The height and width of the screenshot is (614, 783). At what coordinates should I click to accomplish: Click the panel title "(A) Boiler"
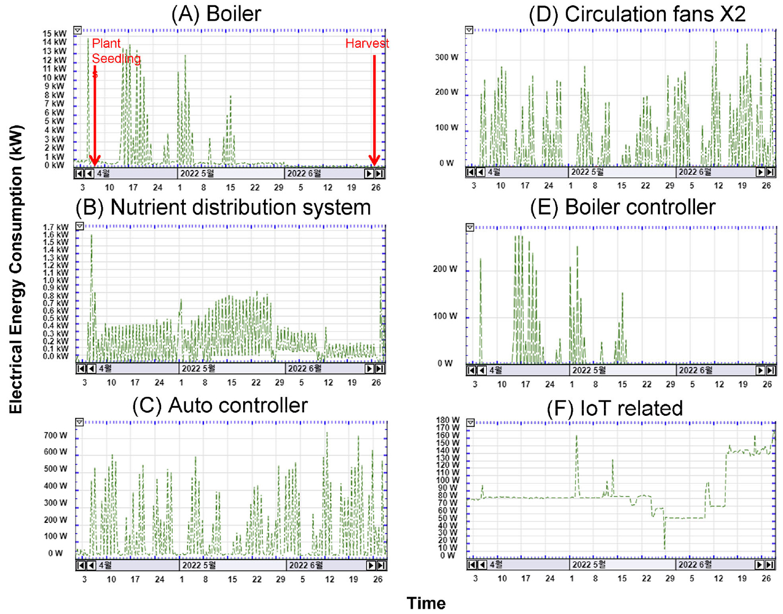(x=216, y=14)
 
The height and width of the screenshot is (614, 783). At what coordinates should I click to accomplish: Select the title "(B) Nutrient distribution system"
(x=223, y=207)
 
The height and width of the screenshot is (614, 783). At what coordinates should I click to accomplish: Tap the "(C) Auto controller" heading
(x=220, y=405)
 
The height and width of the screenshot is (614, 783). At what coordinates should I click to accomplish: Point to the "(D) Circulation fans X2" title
(x=637, y=14)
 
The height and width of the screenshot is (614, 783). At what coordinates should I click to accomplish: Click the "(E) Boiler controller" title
(x=622, y=207)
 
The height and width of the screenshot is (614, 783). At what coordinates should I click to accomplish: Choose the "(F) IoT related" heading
(x=615, y=408)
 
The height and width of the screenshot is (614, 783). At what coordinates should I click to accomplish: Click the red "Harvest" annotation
(x=367, y=43)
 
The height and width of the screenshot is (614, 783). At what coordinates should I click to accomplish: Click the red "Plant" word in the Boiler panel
(x=106, y=43)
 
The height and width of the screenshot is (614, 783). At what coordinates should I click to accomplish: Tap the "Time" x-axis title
(x=426, y=603)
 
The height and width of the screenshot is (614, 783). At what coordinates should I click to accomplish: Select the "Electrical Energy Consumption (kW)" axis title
(x=16, y=269)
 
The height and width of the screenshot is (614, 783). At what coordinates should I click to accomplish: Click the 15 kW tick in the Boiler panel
(x=55, y=33)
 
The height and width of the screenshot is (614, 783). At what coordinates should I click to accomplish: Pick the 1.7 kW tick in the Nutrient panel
(x=56, y=227)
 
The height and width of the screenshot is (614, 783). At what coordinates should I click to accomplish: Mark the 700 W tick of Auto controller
(x=56, y=435)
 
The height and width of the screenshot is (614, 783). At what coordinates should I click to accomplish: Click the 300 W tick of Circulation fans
(x=447, y=57)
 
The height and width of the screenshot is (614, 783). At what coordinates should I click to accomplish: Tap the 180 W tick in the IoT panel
(x=448, y=421)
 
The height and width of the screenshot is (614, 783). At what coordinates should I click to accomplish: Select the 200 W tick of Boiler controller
(x=445, y=269)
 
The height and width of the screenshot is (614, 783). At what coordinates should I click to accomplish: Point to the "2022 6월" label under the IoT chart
(x=695, y=565)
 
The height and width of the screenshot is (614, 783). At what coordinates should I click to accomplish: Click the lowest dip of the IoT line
(x=664, y=548)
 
